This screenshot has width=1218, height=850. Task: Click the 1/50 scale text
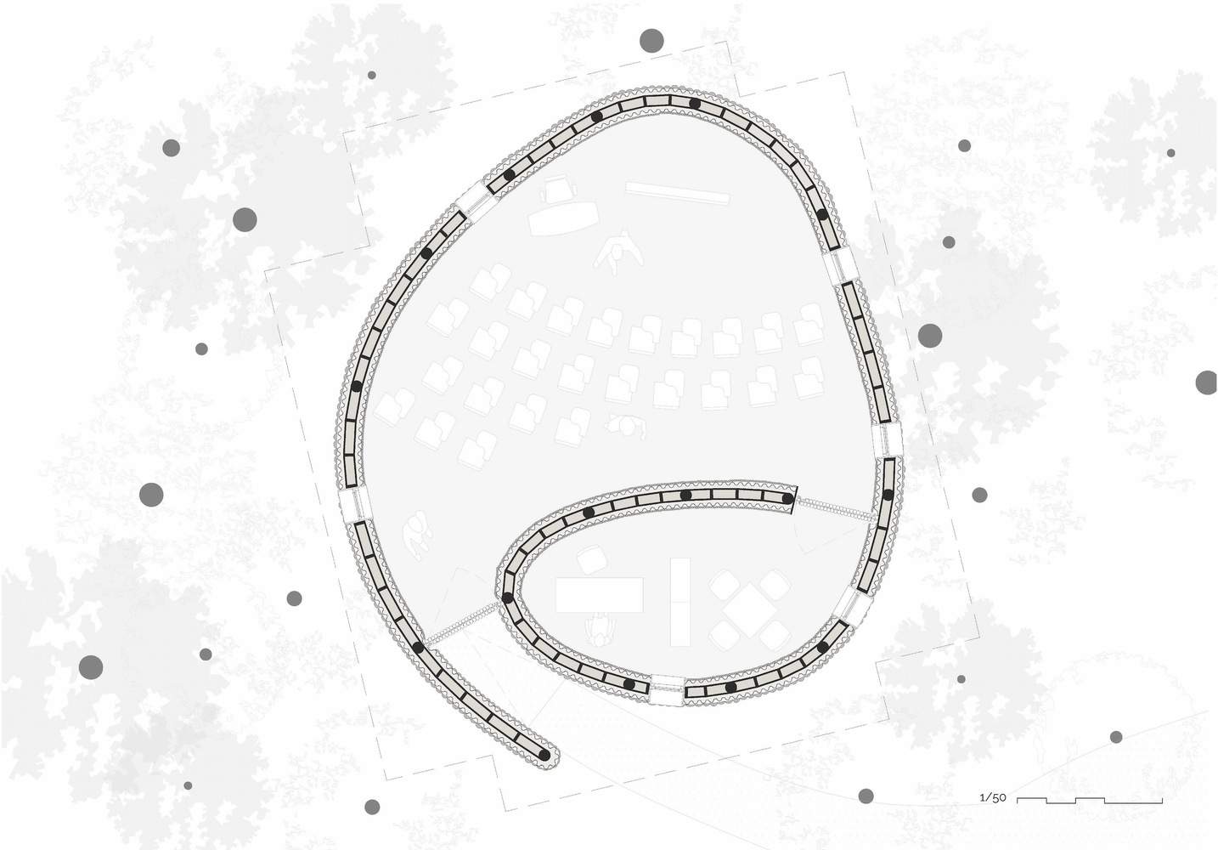(x=992, y=798)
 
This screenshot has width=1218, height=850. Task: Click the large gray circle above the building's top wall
(x=651, y=41)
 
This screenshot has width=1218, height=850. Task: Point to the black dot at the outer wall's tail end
(x=544, y=754)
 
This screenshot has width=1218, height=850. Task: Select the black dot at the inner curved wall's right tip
(x=787, y=498)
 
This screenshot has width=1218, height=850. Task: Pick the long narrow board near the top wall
(x=677, y=193)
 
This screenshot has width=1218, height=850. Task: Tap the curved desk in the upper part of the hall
(x=562, y=218)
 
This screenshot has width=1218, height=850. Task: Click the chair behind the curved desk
(x=560, y=189)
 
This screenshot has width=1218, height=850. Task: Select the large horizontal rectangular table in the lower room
(x=599, y=595)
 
